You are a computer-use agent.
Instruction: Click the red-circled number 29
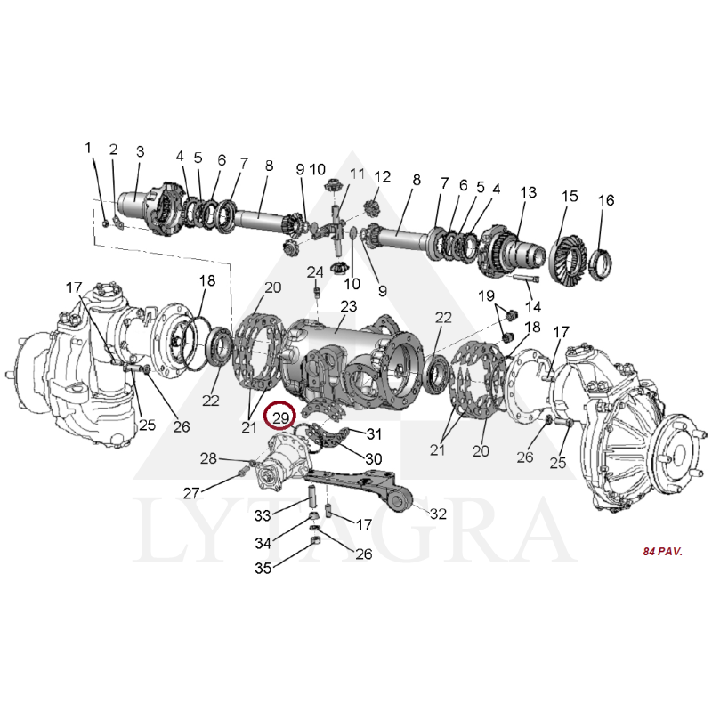pos(280,417)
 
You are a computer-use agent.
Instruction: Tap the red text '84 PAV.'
pos(662,552)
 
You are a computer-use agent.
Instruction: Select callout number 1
pos(88,148)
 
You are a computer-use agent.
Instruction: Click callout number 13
pos(528,192)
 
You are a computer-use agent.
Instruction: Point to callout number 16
pos(606,199)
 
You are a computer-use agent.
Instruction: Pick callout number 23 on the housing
pos(348,306)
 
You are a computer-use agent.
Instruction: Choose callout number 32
pos(438,514)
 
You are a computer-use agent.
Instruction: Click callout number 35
pos(263,568)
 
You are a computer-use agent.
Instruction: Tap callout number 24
pos(315,272)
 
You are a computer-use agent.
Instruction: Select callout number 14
pos(533,307)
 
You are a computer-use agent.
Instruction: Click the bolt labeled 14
pos(527,277)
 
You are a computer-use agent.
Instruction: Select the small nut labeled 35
pos(314,540)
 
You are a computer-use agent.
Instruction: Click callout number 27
pos(191,493)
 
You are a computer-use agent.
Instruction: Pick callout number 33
pos(263,515)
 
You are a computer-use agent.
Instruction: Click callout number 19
pos(486,296)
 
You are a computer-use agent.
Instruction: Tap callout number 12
pos(383,176)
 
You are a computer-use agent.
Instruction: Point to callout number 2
pos(114,149)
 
